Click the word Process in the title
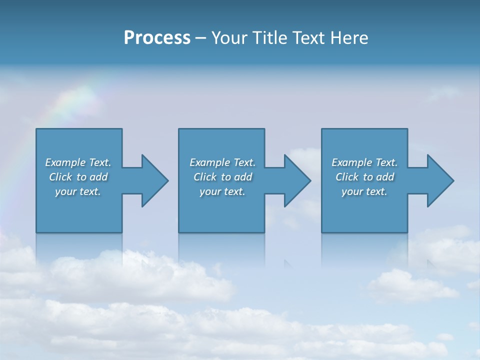pyautogui.click(x=157, y=38)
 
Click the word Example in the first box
pyautogui.click(x=66, y=162)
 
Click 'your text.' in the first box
pyautogui.click(x=78, y=191)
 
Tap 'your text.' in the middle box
pyautogui.click(x=222, y=191)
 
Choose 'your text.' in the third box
pyautogui.click(x=364, y=191)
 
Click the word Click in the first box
pyautogui.click(x=60, y=177)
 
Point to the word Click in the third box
pyautogui.click(x=347, y=177)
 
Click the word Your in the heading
pyautogui.click(x=229, y=38)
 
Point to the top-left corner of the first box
pyautogui.click(x=36, y=129)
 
